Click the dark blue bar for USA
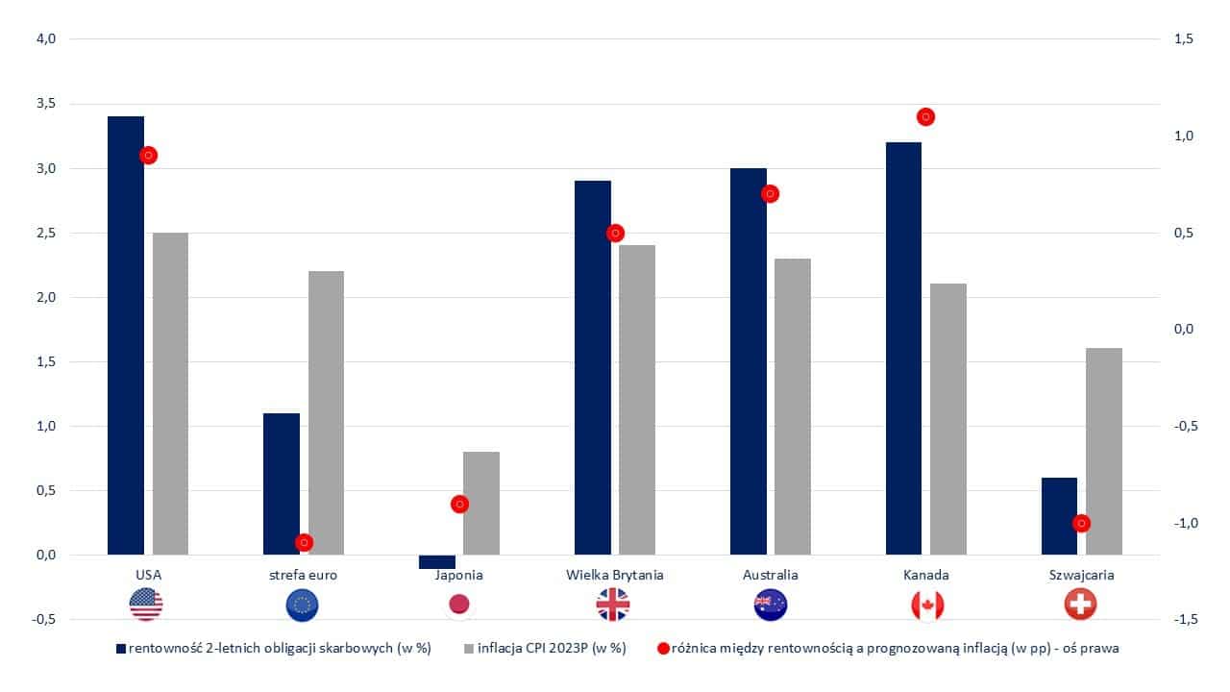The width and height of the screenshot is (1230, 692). coord(126,335)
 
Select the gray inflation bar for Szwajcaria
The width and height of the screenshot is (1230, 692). coord(1104,451)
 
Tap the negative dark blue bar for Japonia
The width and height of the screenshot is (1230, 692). coord(437,561)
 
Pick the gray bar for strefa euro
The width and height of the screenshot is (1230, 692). coord(326,412)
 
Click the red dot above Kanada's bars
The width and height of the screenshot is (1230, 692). coord(926,116)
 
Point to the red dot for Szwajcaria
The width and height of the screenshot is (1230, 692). coord(1082,523)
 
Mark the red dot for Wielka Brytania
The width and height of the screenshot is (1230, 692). coord(615,233)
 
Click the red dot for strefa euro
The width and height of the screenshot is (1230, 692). coord(304,542)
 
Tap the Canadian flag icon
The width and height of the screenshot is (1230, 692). coord(926,605)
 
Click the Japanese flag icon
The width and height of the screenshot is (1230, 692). coord(459,605)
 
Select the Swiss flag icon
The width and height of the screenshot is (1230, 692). coord(1081,605)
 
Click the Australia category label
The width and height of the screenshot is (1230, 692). coord(771,575)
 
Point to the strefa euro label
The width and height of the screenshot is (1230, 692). coord(304,575)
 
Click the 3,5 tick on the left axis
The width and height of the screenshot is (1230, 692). coord(45,104)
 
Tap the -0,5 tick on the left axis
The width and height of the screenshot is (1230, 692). coord(43,619)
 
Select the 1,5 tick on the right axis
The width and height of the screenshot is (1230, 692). coord(1183,39)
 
